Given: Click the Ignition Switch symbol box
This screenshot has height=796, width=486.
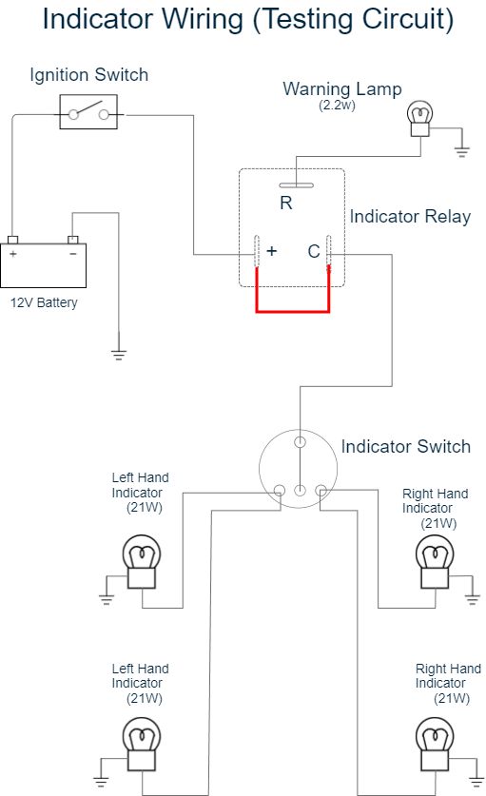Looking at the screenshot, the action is pos(88,111).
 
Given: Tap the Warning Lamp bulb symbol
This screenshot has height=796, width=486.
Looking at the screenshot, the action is pos(420,119).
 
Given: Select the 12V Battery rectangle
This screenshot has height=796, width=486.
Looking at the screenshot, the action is pos(43,265).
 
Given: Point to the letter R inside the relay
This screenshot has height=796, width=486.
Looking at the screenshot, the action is pos(286,204).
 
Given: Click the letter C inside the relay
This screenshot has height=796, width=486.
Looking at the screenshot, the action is pos(314,251).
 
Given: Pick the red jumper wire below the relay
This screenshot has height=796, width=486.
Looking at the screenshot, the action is pos(293,311).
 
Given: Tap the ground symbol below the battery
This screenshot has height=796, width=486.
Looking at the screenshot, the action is pos(118,354).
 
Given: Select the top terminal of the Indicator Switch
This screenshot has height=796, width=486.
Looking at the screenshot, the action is pos(301,442).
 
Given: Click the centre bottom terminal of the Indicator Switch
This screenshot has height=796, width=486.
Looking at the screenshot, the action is pos(301,491).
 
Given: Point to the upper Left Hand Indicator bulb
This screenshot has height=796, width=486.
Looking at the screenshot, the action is pos(141,561).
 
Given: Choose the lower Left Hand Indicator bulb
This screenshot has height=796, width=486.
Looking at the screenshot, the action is pos(141,744).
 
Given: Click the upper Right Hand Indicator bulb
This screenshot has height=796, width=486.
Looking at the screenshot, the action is pos(435,561).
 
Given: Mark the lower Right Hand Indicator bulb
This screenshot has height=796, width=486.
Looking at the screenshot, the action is pos(435,744).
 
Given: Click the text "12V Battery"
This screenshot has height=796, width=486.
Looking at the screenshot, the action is pos(44,302).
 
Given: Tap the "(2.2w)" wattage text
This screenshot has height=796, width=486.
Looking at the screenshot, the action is pos(337,105).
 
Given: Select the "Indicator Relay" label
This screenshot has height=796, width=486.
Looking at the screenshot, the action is pos(410,216).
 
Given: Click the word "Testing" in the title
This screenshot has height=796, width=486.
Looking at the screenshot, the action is pos(305,19).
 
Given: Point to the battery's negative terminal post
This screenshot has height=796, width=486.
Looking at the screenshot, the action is pos(73,240).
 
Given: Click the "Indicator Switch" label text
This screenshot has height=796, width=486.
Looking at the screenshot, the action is pos(406,446).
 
